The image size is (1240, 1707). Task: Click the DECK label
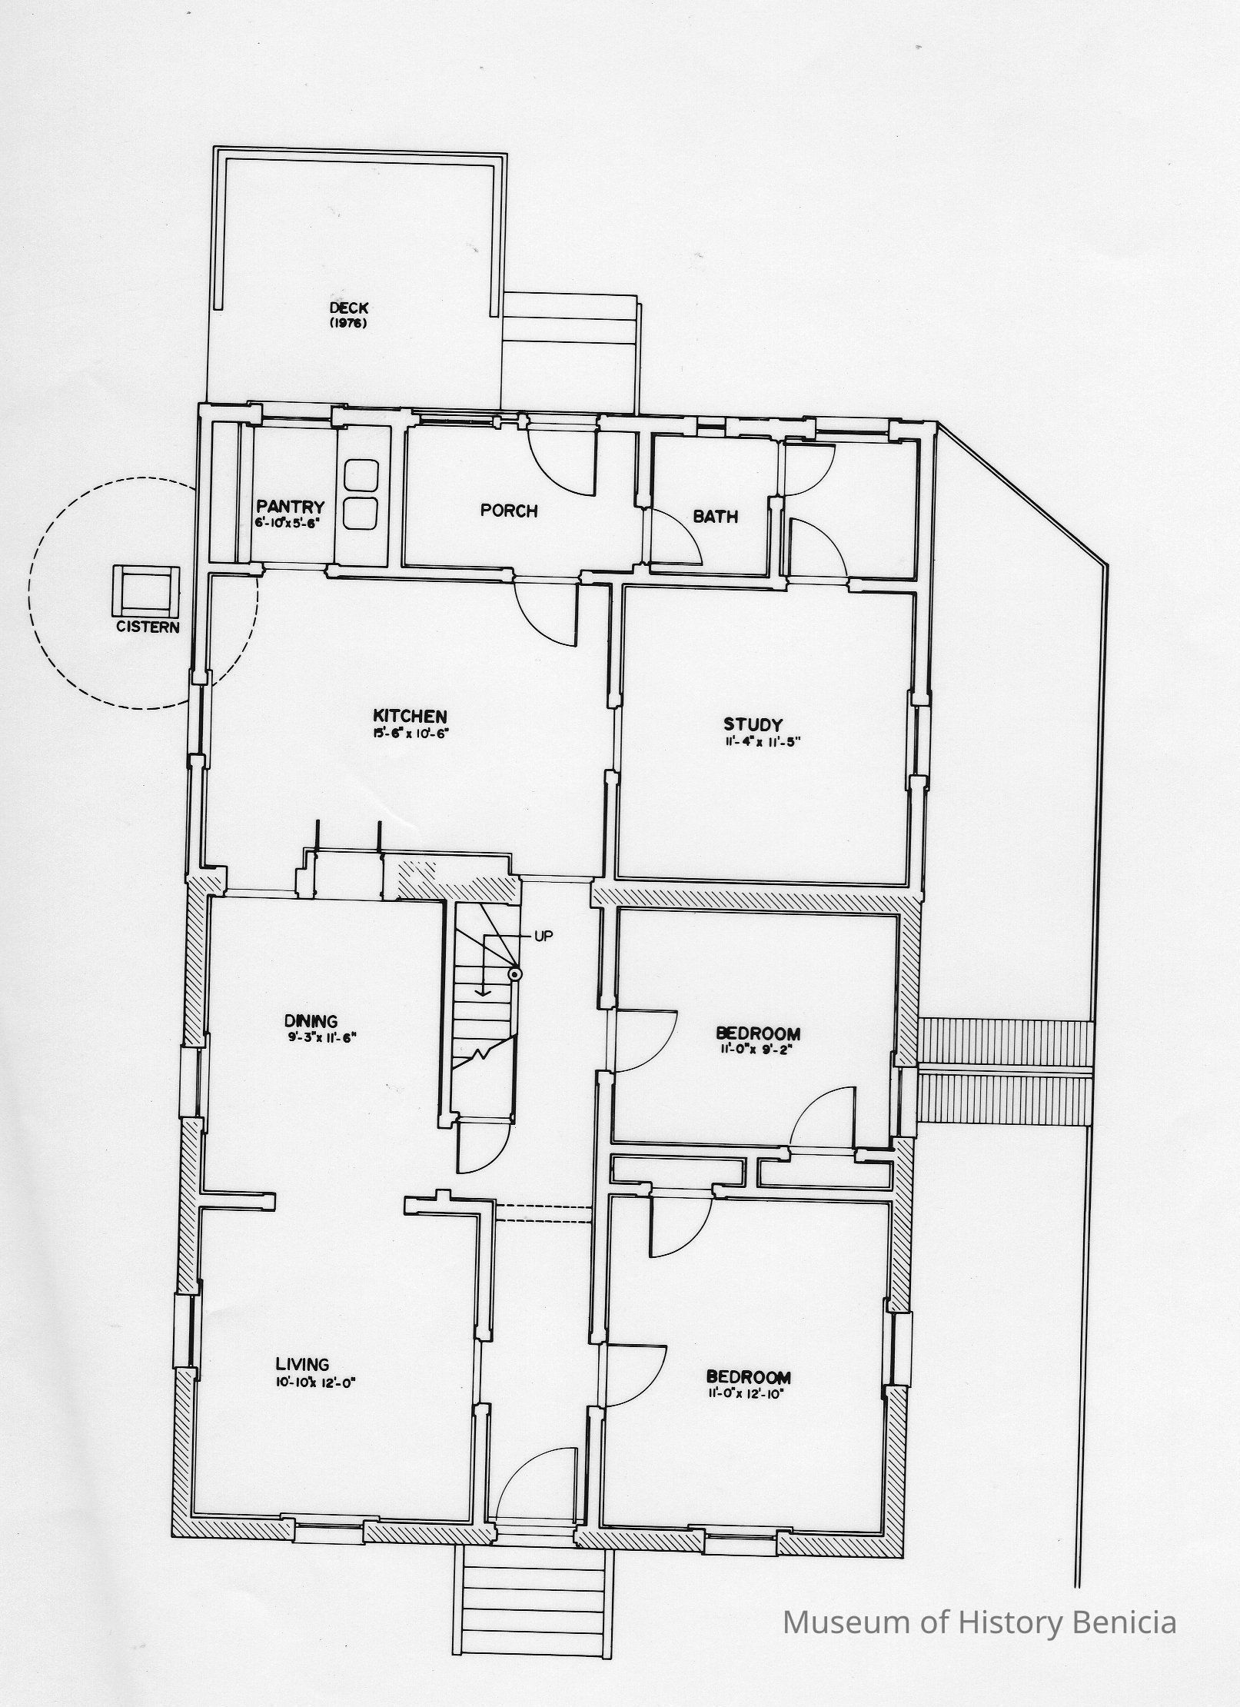[348, 308]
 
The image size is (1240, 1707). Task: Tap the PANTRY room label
[291, 507]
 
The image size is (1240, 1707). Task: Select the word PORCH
[509, 510]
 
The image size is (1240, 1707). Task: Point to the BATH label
[716, 517]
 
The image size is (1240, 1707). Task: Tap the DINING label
[311, 1022]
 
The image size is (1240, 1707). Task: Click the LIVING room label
[303, 1365]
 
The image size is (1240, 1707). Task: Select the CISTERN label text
[148, 627]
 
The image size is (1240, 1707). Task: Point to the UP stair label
[542, 936]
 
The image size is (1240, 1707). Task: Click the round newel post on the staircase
[515, 974]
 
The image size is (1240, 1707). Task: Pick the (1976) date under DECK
[347, 323]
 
